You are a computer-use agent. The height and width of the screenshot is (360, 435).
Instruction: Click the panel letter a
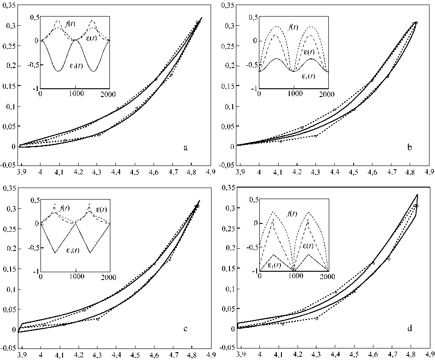[185, 148]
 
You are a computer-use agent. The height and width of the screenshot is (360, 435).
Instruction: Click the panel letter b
[410, 148]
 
